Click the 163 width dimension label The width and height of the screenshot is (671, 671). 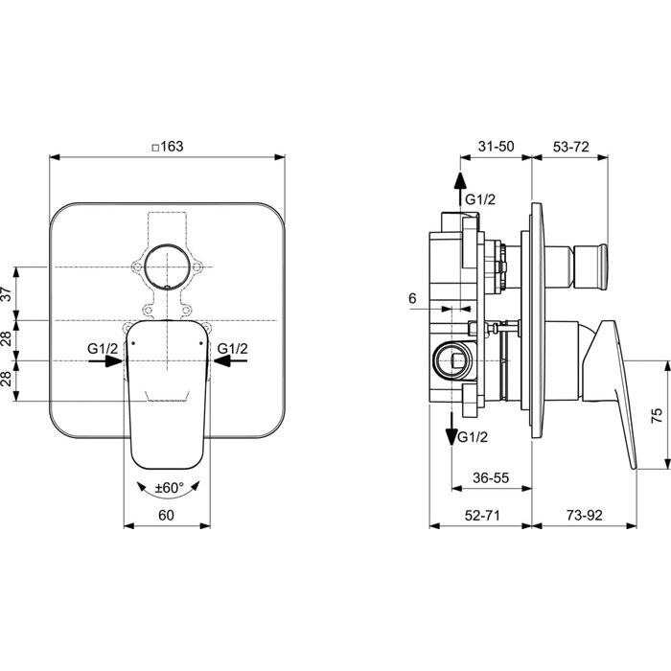point(168,147)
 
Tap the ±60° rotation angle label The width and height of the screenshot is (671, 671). point(169,487)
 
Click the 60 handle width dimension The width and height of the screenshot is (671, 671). point(166,516)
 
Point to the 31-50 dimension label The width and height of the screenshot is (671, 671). point(496,147)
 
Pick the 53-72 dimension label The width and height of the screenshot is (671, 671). point(571,147)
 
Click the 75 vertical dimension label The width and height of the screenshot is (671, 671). point(657,415)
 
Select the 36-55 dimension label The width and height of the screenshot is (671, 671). point(491,477)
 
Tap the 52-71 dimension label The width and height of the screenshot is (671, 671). point(482,516)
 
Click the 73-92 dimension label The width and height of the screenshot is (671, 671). point(585,516)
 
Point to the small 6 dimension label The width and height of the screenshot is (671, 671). point(412,298)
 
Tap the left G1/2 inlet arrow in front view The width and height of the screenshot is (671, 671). point(105,361)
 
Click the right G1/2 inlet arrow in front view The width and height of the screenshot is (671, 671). point(230,361)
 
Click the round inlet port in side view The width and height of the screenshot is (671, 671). point(452,361)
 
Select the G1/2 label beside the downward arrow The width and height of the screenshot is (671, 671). point(473,437)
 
